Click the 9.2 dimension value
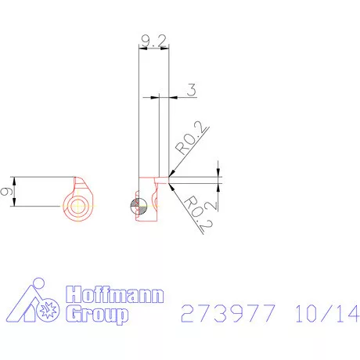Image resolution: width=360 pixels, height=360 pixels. (153, 41)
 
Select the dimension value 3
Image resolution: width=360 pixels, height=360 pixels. (192, 90)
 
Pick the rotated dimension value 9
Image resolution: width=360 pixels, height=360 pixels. (6, 192)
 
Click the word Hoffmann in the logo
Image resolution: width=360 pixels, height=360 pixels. (115, 294)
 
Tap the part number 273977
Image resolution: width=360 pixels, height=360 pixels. (228, 313)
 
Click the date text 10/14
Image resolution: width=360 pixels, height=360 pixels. (327, 313)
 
